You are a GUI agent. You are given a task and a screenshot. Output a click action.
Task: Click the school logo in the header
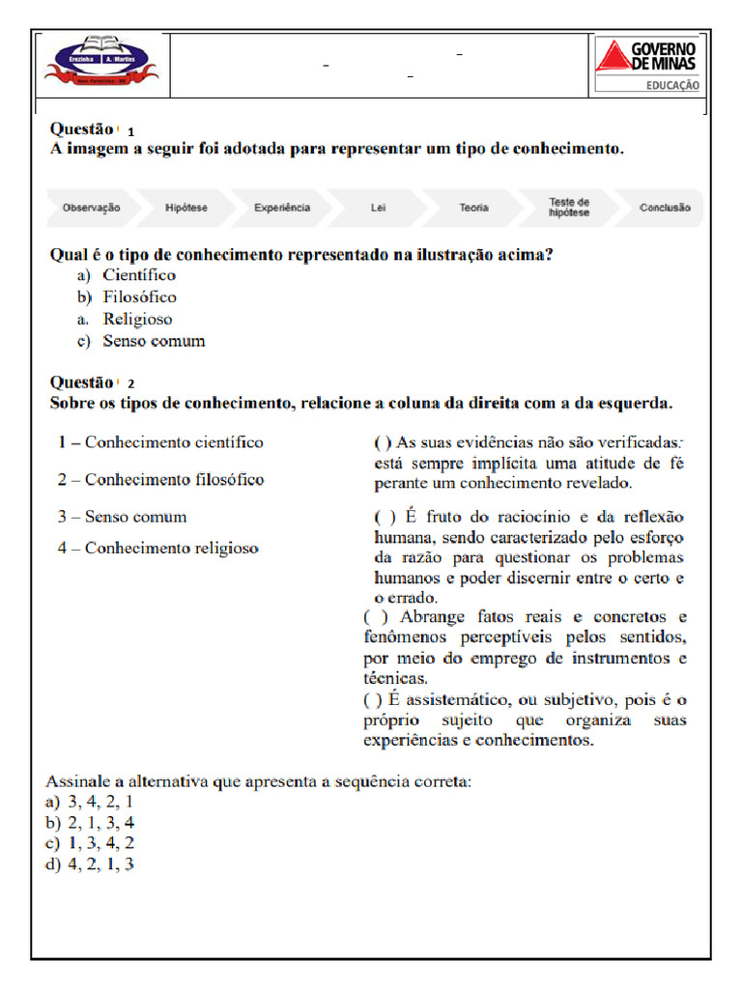pyautogui.click(x=101, y=64)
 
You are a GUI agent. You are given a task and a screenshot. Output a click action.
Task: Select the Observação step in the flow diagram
pyautogui.click(x=91, y=208)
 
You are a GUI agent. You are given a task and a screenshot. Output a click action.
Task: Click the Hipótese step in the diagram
pyautogui.click(x=185, y=208)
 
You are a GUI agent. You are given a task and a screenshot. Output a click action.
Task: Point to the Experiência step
pyautogui.click(x=282, y=208)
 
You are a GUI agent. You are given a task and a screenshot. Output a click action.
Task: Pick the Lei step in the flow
pyautogui.click(x=378, y=208)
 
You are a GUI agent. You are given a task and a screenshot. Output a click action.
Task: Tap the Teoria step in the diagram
pyautogui.click(x=473, y=208)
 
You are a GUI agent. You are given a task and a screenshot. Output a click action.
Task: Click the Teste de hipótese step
pyautogui.click(x=569, y=208)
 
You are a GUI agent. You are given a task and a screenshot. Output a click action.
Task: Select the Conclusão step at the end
pyautogui.click(x=665, y=208)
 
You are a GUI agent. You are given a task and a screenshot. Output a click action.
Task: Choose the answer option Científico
pyautogui.click(x=139, y=276)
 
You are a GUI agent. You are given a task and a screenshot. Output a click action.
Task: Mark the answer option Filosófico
pyautogui.click(x=139, y=297)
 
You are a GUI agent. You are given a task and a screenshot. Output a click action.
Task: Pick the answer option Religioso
pyautogui.click(x=137, y=319)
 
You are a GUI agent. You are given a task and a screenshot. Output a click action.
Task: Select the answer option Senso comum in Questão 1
pyautogui.click(x=154, y=341)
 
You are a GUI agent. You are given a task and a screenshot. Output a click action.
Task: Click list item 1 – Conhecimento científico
pyautogui.click(x=159, y=442)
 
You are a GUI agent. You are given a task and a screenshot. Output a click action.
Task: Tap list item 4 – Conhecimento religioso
pyautogui.click(x=157, y=548)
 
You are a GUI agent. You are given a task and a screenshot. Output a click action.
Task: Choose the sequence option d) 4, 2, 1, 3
pyautogui.click(x=90, y=864)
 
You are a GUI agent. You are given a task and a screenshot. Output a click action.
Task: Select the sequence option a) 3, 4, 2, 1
pyautogui.click(x=90, y=802)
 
